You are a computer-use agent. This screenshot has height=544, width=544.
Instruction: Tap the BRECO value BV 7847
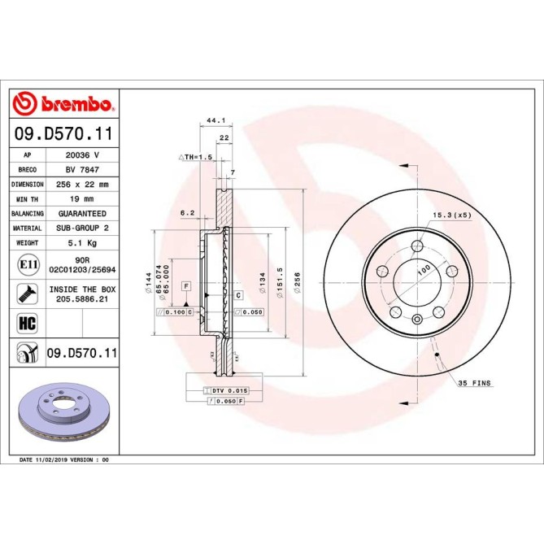(82, 170)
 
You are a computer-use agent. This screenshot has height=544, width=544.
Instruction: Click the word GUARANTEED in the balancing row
(82, 214)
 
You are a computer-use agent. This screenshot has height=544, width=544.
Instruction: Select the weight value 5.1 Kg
(82, 243)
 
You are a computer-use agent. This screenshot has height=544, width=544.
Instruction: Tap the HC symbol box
(26, 324)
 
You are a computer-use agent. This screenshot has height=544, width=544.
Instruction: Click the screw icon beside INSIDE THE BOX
(26, 293)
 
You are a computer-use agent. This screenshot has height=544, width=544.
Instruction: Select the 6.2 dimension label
(186, 213)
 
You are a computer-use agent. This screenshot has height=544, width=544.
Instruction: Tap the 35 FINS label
(476, 382)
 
